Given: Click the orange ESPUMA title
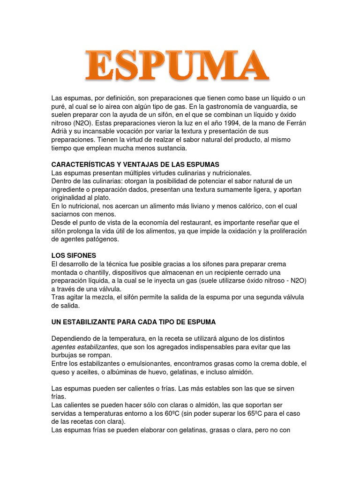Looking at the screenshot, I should click(x=177, y=66).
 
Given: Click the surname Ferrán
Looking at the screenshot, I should click(x=295, y=123).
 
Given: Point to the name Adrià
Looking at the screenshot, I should click(x=60, y=132).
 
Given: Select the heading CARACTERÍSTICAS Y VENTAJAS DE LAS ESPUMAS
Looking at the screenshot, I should click(x=135, y=165).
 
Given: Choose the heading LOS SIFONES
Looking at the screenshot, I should click(x=74, y=255).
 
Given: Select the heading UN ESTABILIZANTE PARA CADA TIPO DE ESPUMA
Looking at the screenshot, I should click(x=133, y=322).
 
